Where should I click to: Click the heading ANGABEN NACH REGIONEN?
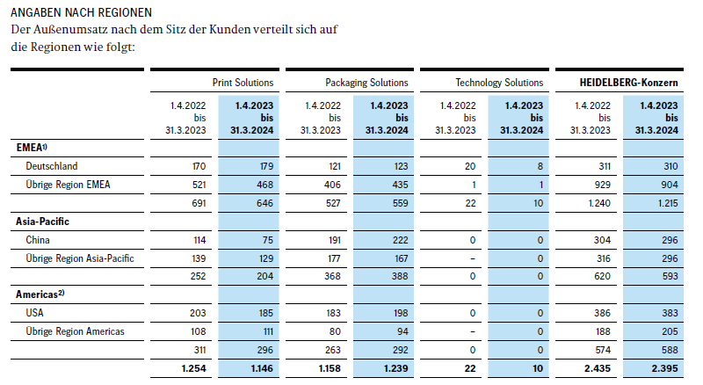(81, 14)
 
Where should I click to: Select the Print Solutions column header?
(243, 83)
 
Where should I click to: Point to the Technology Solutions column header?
(499, 83)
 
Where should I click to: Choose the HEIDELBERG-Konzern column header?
(629, 83)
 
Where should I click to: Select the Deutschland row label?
(52, 165)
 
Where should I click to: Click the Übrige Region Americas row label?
(75, 331)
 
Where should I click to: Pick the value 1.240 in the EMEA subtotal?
(595, 202)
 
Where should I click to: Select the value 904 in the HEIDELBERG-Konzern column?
(669, 184)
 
